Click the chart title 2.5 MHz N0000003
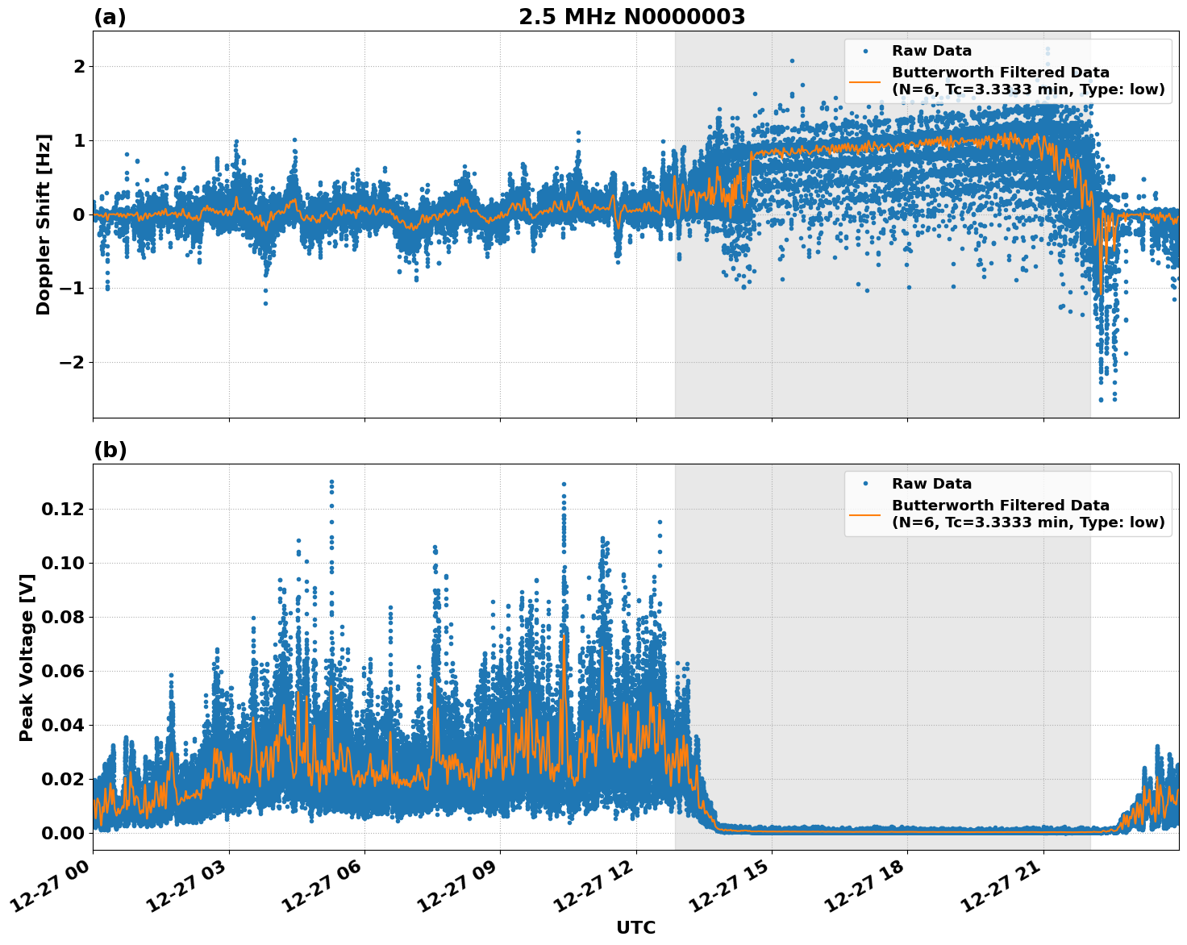(x=631, y=17)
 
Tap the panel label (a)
(x=110, y=17)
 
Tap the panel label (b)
(x=110, y=450)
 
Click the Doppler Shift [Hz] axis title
(x=44, y=224)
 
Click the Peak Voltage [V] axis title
(x=27, y=657)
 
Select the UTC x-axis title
(x=635, y=927)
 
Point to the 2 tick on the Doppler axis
(x=79, y=66)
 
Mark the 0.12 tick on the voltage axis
(x=63, y=509)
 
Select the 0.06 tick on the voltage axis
(x=63, y=671)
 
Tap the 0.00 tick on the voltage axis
(x=63, y=833)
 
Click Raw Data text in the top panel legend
(x=931, y=51)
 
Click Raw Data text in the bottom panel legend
(x=931, y=484)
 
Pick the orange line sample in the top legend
(x=864, y=81)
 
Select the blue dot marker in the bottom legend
(x=865, y=484)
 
